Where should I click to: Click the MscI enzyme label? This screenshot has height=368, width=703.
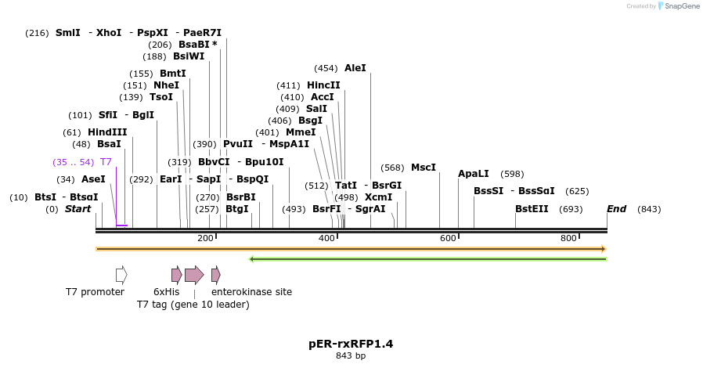423,168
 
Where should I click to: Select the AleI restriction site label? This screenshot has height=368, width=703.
355,68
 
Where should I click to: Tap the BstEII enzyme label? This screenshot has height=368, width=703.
532,209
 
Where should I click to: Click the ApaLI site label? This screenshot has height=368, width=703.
473,174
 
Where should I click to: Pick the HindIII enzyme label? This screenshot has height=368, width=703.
107,132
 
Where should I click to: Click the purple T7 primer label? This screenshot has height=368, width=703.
106,162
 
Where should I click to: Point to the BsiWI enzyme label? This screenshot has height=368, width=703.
189,56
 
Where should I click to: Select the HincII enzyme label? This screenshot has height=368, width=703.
323,85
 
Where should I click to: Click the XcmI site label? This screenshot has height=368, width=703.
378,197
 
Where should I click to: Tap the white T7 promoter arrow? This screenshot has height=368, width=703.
121,275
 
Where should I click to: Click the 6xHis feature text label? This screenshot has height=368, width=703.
166,292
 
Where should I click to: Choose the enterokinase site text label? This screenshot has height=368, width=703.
251,292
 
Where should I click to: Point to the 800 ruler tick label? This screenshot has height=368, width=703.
569,238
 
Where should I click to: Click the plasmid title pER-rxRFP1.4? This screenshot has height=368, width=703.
351,344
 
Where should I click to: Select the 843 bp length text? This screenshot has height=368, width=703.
351,356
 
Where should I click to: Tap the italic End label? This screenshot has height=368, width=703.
617,209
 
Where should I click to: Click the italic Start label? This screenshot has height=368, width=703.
78,209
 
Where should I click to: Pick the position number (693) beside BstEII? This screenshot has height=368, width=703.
571,209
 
